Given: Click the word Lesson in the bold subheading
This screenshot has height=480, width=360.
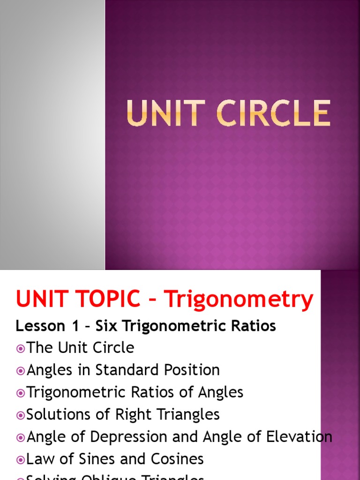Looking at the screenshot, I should pos(37,326).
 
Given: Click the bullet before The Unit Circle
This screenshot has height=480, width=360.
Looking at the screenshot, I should pos(20,348).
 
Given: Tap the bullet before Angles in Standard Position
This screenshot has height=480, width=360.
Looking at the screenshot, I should pos(20,370).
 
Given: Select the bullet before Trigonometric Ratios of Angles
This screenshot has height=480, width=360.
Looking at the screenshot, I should pos(20,393).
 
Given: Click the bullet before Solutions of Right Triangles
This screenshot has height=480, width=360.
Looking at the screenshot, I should pos(20,415).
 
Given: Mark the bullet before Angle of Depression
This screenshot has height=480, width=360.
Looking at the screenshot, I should pos(20,437).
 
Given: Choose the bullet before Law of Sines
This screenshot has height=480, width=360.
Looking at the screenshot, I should pos(20,459).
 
